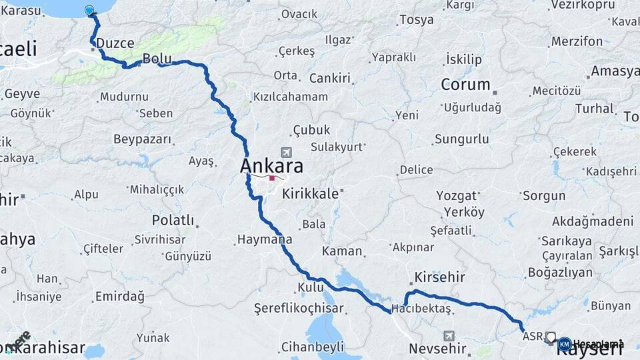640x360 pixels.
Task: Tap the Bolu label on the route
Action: [x=157, y=59]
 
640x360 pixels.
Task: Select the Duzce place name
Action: [x=115, y=43]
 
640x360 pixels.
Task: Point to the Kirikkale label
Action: [x=311, y=193]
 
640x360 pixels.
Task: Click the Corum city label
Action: [x=465, y=85]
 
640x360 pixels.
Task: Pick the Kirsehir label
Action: [x=439, y=277]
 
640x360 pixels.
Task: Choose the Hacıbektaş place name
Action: [x=421, y=308]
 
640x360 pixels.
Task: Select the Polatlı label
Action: [x=173, y=220]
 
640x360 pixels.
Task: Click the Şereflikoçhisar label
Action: [x=299, y=308]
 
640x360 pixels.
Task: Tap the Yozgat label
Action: [x=457, y=196]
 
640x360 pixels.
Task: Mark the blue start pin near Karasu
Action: [x=90, y=10]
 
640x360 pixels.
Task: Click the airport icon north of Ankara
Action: [x=287, y=152]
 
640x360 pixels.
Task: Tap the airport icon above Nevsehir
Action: [x=449, y=335]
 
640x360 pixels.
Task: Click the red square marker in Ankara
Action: [x=272, y=178]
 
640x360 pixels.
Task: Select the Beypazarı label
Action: [x=143, y=140]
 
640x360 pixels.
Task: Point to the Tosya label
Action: [x=416, y=19]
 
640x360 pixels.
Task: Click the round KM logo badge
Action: [x=564, y=344]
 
